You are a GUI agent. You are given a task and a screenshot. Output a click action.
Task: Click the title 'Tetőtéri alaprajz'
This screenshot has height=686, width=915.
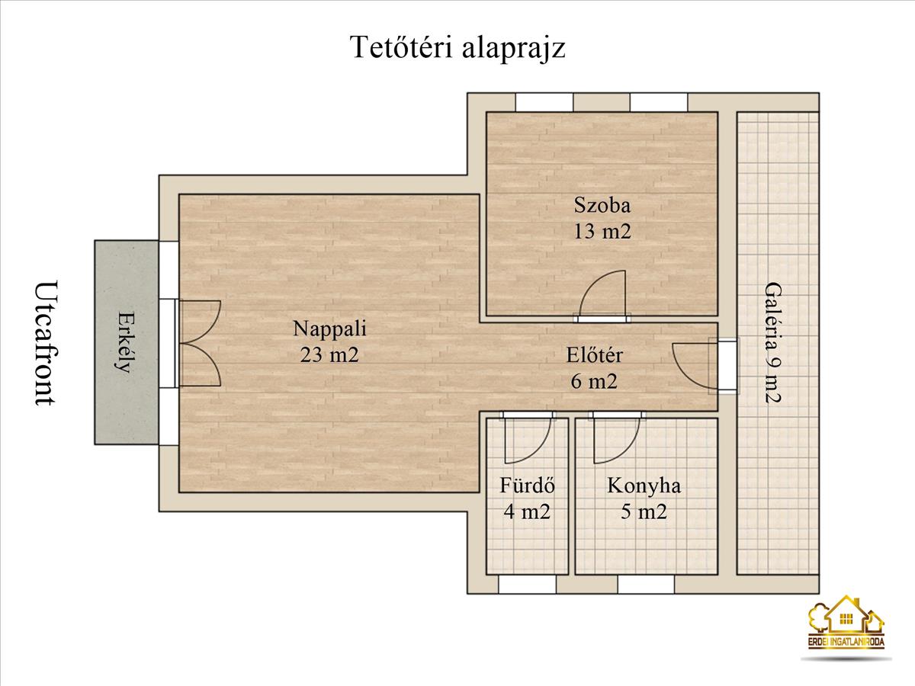(457, 47)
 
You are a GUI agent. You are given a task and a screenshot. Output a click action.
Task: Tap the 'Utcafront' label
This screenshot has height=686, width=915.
(47, 343)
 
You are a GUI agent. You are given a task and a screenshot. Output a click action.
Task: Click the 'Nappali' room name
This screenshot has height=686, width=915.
(329, 329)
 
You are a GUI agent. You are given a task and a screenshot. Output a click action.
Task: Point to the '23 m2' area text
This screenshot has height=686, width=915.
(329, 354)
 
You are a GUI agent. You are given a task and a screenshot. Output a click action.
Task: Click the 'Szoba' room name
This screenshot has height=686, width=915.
(602, 204)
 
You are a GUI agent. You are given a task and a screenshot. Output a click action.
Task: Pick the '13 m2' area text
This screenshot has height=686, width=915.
(602, 231)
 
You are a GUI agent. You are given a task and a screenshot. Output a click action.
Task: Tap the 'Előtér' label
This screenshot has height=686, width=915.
(595, 354)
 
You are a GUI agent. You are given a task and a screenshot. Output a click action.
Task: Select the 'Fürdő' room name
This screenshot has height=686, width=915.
(527, 486)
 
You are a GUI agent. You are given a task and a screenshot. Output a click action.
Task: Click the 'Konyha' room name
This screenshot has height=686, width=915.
(644, 486)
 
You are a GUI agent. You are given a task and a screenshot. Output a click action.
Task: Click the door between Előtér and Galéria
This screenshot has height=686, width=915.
(694, 364)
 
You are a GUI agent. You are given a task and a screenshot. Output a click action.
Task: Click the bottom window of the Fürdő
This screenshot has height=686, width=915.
(527, 585)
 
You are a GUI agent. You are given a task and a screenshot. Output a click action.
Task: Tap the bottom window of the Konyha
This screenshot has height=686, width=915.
(646, 585)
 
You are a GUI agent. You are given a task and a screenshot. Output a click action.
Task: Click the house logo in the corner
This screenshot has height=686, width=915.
(846, 623)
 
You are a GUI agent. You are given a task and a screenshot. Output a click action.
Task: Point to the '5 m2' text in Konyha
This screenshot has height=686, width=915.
(644, 511)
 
